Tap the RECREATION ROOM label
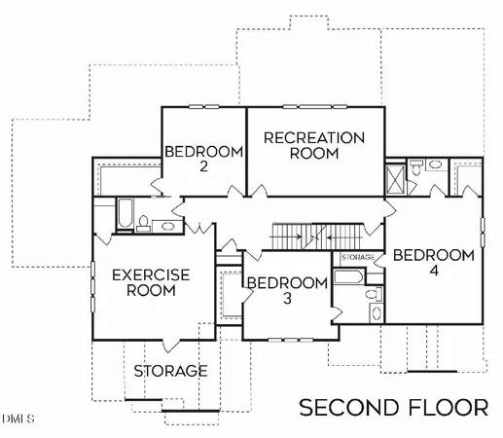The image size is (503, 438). (x=314, y=145)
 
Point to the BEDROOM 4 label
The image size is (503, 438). (x=433, y=263)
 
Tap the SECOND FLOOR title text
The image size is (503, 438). (x=393, y=406)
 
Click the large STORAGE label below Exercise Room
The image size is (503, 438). (x=170, y=371)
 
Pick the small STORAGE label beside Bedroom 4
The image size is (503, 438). (x=359, y=256)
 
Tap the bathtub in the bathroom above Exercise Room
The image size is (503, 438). (x=125, y=214)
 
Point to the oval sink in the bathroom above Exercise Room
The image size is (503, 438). (x=167, y=226)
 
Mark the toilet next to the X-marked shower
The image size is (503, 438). (x=415, y=169)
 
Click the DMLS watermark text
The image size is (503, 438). (x=18, y=420)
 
